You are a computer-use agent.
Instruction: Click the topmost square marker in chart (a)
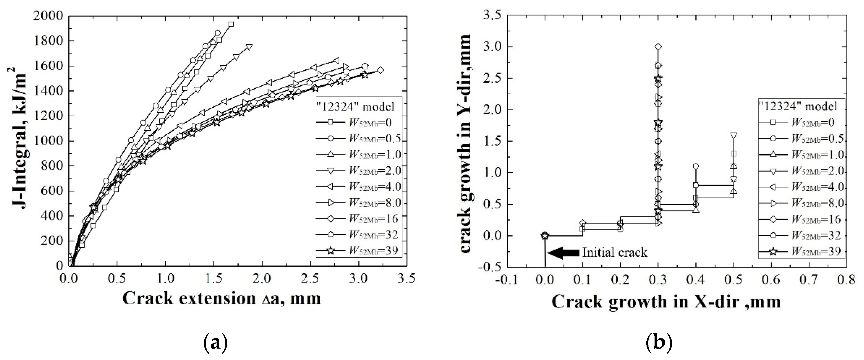(x=230, y=24)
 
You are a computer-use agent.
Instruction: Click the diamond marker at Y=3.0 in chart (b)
(x=658, y=47)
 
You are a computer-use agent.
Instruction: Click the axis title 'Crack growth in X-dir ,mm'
(x=666, y=302)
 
